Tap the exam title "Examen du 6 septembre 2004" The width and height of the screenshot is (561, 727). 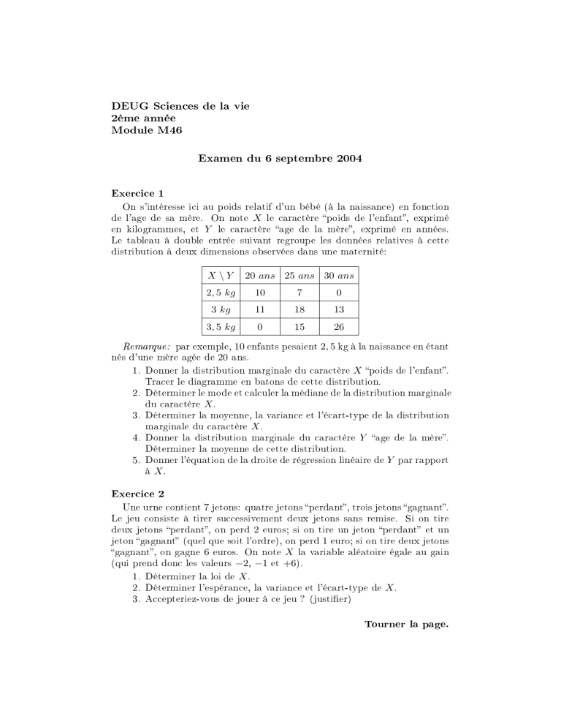click(x=280, y=157)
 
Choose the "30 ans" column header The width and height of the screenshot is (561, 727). click(x=338, y=276)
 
